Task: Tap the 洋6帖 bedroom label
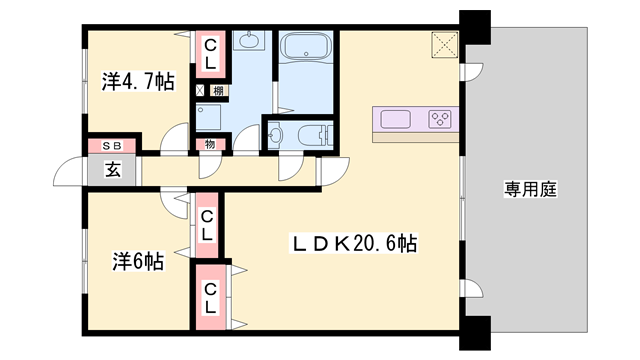pos(137,263)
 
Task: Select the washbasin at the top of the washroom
pos(247,42)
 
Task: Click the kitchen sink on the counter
pos(397,120)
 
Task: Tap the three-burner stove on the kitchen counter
pos(439,120)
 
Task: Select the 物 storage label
pos(211,145)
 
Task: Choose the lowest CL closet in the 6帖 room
pos(211,298)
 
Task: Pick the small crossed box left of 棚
pos(200,91)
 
